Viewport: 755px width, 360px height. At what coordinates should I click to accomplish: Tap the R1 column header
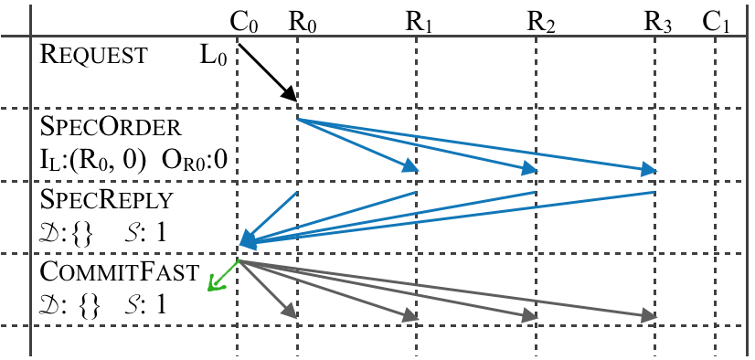tap(419, 20)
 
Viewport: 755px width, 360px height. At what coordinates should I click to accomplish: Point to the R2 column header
tap(540, 20)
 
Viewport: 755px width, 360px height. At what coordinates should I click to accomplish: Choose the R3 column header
tap(657, 20)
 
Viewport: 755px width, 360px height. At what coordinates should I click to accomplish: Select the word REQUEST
tap(93, 55)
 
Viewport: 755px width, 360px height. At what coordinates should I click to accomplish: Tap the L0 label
tap(212, 55)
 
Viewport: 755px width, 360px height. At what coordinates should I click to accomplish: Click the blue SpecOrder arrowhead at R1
tap(410, 166)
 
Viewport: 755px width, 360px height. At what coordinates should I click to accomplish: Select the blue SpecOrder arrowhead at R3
tap(649, 169)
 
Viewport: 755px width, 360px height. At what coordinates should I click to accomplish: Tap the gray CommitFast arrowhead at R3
tap(649, 317)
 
